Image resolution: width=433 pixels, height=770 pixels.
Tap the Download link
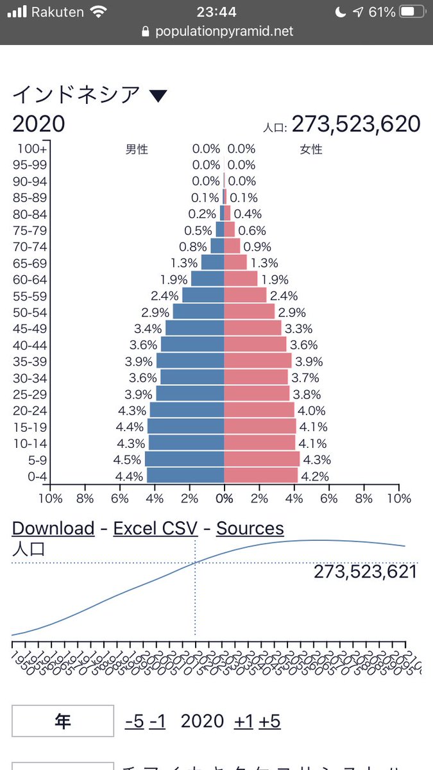[x=53, y=528]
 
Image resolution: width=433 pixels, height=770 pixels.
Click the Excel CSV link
[x=155, y=528]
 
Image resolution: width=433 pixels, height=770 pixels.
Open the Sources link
[x=250, y=528]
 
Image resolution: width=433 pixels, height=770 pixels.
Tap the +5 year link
[x=269, y=721]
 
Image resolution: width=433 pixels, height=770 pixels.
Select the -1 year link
[x=157, y=721]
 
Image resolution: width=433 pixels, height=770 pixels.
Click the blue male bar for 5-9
[x=184, y=459]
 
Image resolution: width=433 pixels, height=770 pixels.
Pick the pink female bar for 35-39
[x=257, y=361]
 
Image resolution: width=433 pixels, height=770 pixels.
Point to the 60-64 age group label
[x=30, y=279]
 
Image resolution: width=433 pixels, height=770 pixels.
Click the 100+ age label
[x=32, y=149]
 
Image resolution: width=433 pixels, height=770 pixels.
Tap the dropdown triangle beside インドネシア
[x=158, y=96]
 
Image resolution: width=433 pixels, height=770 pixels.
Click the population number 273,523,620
[x=356, y=124]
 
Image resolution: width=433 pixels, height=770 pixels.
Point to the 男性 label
[x=137, y=150]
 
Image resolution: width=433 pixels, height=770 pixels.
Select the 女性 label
[x=311, y=150]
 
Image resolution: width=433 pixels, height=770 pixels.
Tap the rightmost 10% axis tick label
[x=399, y=498]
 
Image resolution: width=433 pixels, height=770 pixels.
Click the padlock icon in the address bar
[x=145, y=31]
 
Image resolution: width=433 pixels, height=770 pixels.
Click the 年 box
[x=62, y=721]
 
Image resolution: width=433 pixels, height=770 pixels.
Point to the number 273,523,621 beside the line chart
[x=365, y=571]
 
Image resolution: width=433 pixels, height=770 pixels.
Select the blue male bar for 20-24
[x=187, y=410]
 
